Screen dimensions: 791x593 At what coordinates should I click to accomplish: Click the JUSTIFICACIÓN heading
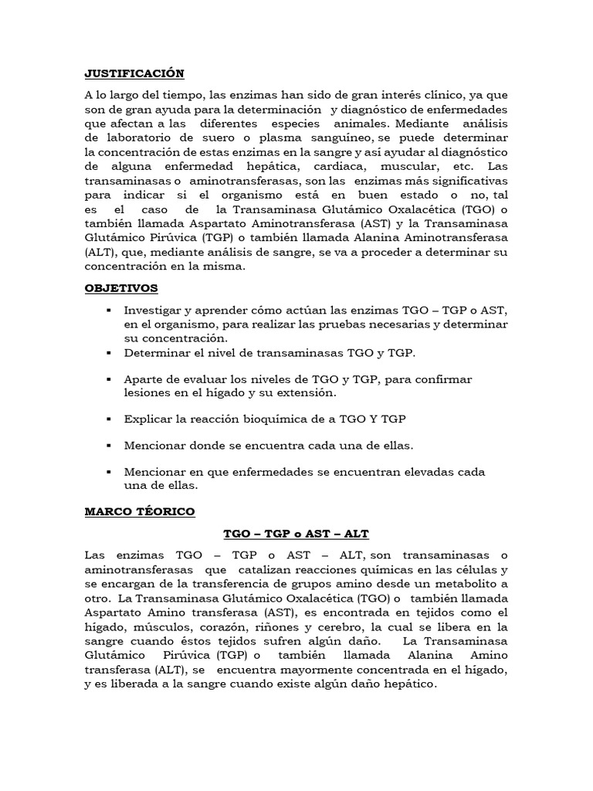pos(134,74)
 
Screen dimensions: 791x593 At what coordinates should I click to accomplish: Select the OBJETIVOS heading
pos(121,288)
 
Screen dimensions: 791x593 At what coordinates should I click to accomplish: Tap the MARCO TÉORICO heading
pos(140,511)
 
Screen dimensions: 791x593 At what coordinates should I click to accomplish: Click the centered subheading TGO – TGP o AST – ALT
pos(296,534)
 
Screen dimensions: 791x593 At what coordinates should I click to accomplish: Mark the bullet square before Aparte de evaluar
pos(107,380)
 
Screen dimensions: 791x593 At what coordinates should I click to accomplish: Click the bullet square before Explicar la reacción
pos(107,419)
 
